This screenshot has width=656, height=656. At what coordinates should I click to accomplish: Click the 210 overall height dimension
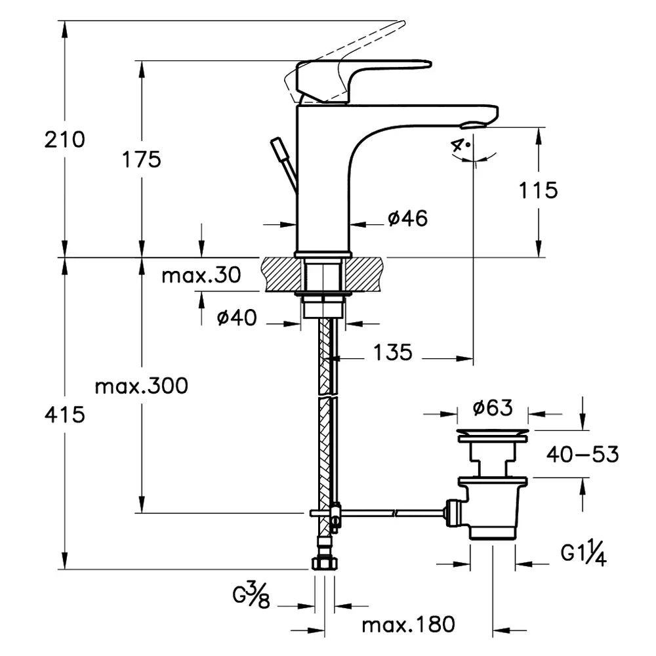coord(64,139)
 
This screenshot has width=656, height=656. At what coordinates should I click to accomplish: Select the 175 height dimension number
coord(142,159)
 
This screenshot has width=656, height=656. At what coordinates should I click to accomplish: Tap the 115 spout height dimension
coord(538,190)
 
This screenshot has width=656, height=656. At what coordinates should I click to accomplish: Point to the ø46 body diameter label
coord(408,218)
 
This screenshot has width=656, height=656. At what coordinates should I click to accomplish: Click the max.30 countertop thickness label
coord(201,276)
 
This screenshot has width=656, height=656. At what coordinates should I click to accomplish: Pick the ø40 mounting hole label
coord(237,318)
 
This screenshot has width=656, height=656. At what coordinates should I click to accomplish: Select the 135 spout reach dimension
coord(392,352)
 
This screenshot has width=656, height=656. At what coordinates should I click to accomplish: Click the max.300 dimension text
coord(142,386)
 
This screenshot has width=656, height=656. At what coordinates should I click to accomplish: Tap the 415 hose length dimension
coord(65,415)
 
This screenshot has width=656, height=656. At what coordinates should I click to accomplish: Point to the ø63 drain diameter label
coord(493,408)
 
